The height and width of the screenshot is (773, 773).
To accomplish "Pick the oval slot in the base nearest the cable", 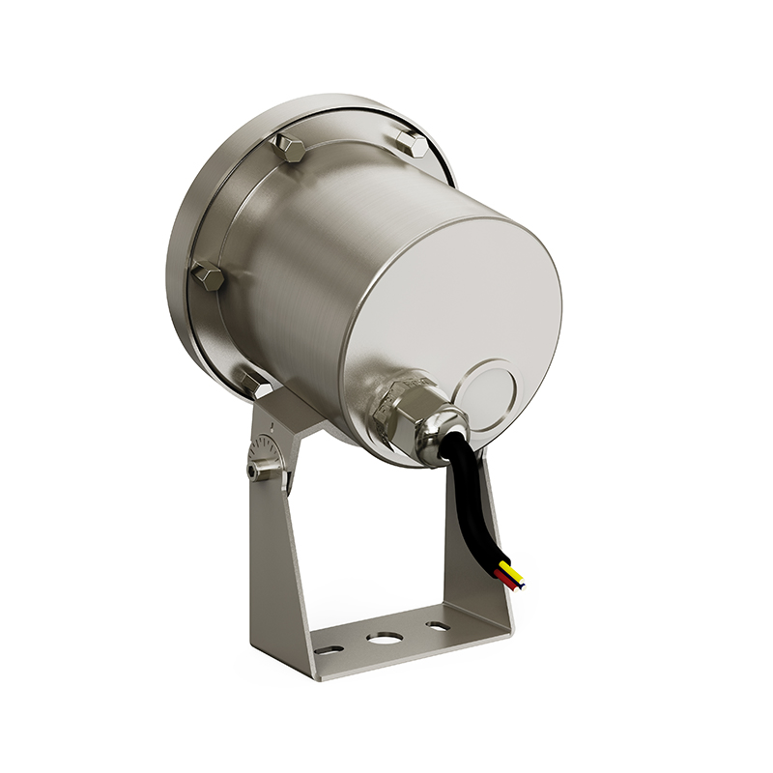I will coord(437,626).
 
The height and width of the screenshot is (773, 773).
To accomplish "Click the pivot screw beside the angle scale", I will coord(254,471).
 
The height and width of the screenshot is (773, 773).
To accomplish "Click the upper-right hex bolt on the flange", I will coord(413,145).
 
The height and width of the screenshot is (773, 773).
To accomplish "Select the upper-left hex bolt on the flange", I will coord(288,148).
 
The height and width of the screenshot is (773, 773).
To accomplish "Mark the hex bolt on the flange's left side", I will coord(208,276).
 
